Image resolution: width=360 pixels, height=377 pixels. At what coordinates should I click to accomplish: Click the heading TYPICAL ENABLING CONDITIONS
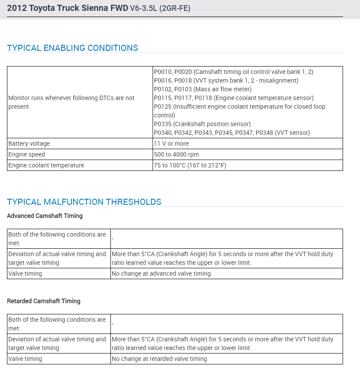(73, 48)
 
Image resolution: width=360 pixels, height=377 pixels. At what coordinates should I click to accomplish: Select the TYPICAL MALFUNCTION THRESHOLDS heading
(84, 202)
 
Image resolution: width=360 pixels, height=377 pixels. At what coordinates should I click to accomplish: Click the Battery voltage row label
(29, 143)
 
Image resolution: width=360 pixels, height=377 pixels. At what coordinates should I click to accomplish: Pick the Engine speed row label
(27, 154)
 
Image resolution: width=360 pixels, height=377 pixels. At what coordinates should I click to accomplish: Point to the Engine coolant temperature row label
(46, 165)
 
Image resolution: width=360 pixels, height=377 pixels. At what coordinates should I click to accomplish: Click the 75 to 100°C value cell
(190, 165)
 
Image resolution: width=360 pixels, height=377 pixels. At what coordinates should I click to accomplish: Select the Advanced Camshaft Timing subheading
(45, 216)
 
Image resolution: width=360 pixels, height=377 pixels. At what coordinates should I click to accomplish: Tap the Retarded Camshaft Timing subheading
(43, 301)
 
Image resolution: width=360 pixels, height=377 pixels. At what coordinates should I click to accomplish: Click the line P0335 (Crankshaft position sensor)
(202, 124)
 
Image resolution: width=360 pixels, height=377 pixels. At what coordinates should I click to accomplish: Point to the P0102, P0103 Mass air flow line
(203, 89)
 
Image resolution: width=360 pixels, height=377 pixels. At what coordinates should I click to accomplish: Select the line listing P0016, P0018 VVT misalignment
(226, 80)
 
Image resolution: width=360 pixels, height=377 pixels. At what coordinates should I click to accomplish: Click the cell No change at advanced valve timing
(161, 274)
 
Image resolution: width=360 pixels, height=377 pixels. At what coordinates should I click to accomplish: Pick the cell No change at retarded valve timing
(159, 359)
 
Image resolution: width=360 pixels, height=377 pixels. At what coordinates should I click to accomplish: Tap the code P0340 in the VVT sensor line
(163, 133)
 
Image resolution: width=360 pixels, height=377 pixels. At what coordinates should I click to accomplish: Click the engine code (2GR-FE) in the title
(175, 8)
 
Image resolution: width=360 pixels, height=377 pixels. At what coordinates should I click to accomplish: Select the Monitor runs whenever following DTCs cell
(71, 102)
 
